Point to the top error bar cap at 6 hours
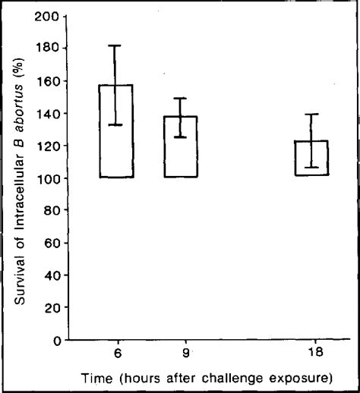coord(115,46)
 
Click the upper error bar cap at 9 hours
coord(180,98)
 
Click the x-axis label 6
coord(115,354)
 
